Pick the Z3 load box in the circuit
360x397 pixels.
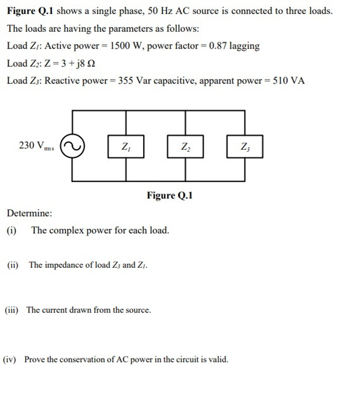(245, 147)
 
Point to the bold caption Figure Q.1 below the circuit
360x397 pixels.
(170, 196)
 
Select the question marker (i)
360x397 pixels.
(12, 231)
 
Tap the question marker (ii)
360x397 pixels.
(12, 265)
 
